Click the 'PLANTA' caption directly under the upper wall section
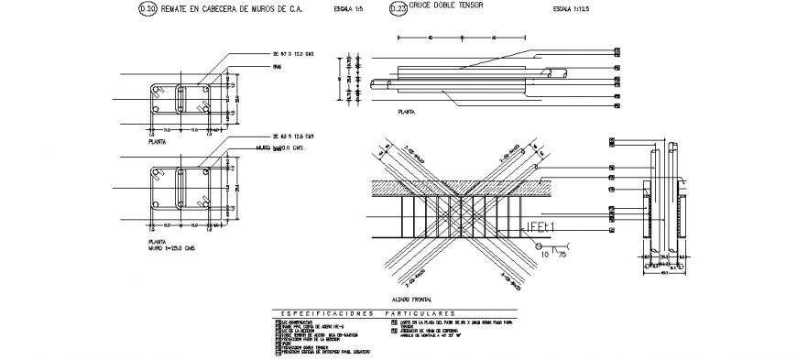point(157,144)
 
